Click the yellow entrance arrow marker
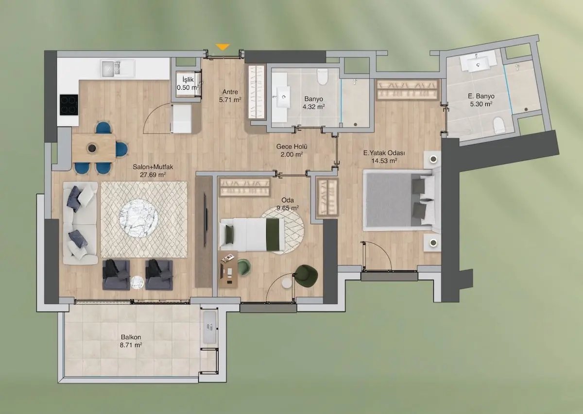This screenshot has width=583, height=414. coord(223,47)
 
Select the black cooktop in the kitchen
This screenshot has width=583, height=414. coord(69,104)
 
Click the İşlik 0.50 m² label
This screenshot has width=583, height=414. coord(188,83)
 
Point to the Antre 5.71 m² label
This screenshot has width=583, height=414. coord(230,96)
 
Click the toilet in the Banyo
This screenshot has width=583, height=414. coord(322,77)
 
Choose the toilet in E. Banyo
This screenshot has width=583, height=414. coord(499,125)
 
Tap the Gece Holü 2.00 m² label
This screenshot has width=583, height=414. coord(291,150)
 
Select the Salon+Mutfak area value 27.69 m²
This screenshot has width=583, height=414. coord(153,175)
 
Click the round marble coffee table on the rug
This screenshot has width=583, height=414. coord(139,218)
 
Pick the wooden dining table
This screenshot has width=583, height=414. coord(94,148)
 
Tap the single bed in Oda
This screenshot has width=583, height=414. coord(252,235)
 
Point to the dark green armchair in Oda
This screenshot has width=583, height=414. coord(307,276)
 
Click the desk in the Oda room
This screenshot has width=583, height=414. coord(228,269)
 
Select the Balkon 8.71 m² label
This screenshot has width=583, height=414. coord(131,341)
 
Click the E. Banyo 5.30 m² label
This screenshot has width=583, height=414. coord(481,100)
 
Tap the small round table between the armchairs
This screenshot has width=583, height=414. coord(137,282)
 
